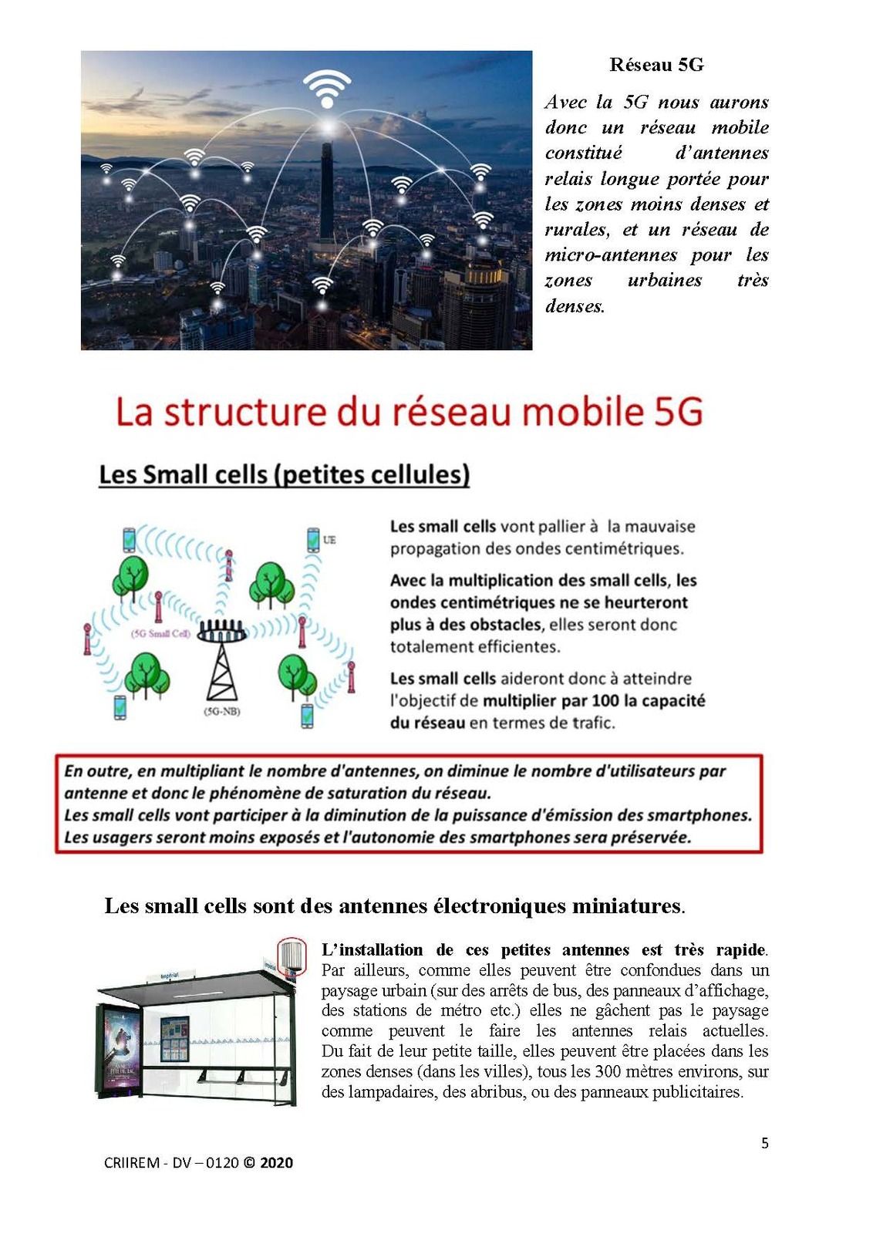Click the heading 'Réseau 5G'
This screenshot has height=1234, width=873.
point(656,65)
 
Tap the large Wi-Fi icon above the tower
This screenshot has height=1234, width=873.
point(327,88)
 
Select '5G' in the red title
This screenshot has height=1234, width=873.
point(679,411)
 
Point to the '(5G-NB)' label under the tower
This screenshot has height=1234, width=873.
point(221,711)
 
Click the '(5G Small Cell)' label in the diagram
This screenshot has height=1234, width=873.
point(161,634)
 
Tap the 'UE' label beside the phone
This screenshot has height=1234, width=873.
point(329,540)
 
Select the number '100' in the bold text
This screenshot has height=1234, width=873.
point(606,701)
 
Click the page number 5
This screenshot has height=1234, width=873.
point(765,1143)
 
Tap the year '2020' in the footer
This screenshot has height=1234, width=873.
point(276,1163)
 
